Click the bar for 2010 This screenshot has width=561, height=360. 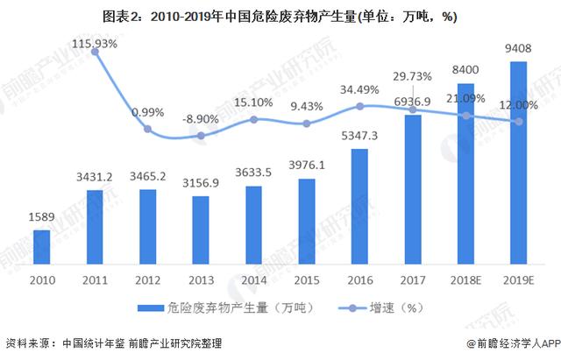click(42, 247)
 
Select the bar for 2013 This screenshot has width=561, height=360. click(201, 230)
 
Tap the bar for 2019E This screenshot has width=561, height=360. click(518, 163)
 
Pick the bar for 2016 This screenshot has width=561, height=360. click(359, 207)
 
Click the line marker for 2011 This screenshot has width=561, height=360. click(95, 52)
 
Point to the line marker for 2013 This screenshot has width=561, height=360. click(201, 136)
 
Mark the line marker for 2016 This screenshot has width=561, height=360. click(360, 106)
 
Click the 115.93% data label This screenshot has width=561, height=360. click(95, 44)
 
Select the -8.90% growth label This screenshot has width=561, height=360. click(201, 119)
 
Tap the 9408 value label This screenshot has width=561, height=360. click(518, 48)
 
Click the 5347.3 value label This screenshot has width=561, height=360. click(359, 136)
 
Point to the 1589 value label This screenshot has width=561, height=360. click(41, 216)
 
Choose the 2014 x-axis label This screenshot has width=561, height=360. click(253, 280)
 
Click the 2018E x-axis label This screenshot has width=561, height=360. click(465, 280)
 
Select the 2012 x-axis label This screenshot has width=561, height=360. click(148, 280)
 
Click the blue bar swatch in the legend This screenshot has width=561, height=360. click(151, 307)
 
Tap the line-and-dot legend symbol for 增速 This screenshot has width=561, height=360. click(352, 307)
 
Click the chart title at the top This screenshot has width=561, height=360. click(280, 17)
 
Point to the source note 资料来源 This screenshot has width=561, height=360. click(114, 343)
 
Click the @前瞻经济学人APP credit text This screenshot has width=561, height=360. click(514, 343)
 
